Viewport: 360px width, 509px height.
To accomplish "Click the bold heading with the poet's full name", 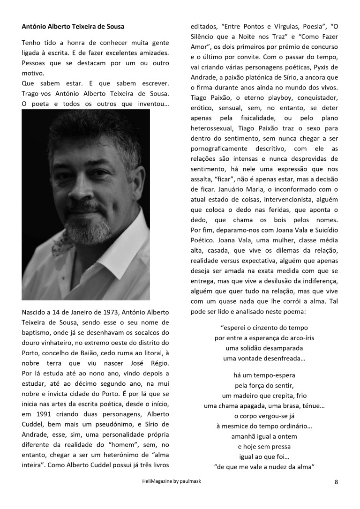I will tap(73, 26).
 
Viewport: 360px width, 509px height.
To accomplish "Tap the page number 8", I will tap(336, 481).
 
